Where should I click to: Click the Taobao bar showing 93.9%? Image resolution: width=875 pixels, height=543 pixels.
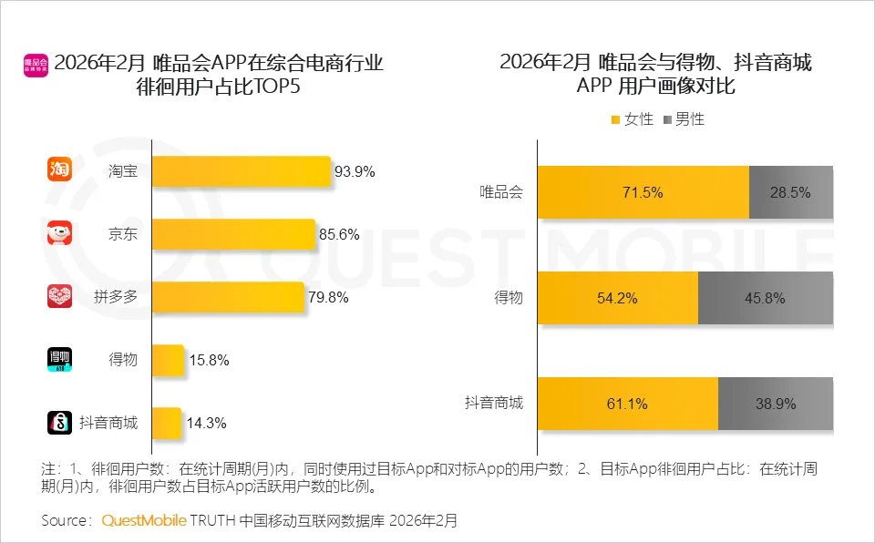(x=241, y=171)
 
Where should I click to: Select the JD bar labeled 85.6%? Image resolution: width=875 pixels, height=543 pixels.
(x=233, y=235)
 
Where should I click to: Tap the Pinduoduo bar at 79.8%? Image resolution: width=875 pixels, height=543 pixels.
(x=228, y=297)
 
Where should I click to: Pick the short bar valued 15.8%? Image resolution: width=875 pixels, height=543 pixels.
(x=168, y=360)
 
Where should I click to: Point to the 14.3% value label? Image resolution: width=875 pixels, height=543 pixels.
(x=208, y=423)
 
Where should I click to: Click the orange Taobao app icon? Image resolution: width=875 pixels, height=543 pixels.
(x=59, y=170)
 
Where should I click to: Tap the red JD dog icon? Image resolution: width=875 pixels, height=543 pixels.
(x=59, y=234)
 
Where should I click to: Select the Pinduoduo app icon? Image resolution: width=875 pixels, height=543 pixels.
(x=59, y=297)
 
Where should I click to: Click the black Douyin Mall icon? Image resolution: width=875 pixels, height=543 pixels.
(x=59, y=423)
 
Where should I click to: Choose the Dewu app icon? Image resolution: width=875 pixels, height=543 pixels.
(x=59, y=360)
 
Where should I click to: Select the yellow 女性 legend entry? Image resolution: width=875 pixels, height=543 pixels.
(x=632, y=119)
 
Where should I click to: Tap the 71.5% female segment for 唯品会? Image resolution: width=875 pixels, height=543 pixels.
(x=643, y=192)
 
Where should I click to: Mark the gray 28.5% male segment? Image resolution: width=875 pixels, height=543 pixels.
(x=790, y=192)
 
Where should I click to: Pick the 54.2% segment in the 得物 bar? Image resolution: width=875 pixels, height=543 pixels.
(x=617, y=298)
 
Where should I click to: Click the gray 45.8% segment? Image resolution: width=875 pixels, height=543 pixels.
(x=765, y=298)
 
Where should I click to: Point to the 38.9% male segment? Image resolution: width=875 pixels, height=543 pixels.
(x=775, y=403)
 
